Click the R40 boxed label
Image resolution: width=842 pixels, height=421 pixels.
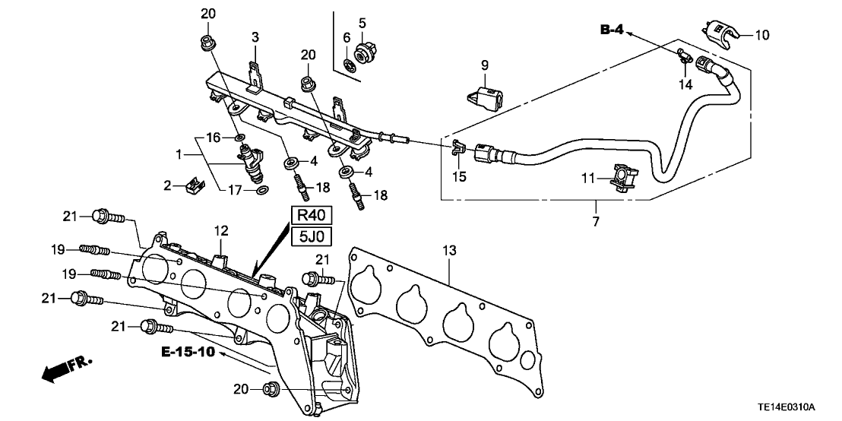(x=310, y=215)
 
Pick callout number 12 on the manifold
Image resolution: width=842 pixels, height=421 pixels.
(x=220, y=230)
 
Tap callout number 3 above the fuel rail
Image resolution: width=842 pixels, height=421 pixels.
(x=255, y=36)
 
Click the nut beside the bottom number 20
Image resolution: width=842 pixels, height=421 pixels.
(x=269, y=391)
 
